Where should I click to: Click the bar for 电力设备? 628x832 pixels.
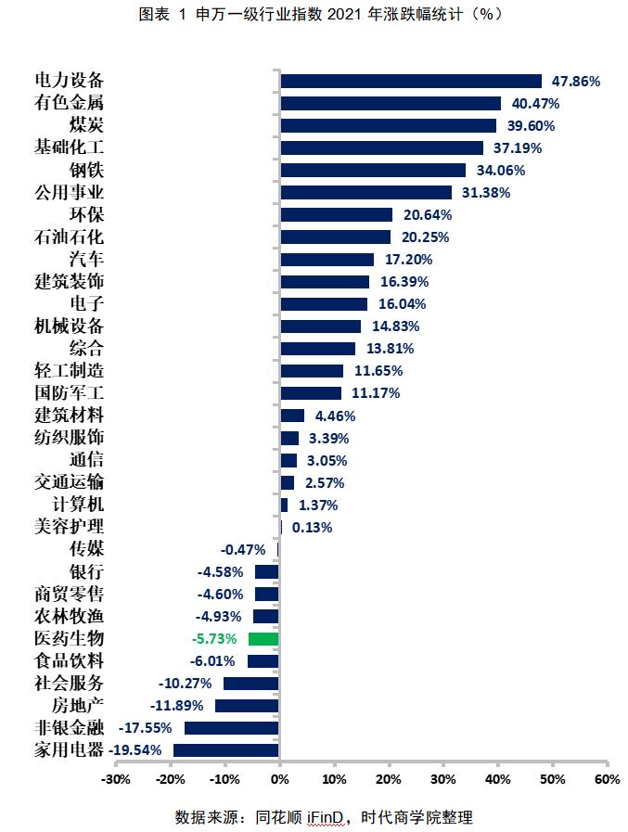(410, 81)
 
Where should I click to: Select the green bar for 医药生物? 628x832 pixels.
(263, 638)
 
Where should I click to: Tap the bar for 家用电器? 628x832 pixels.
(226, 749)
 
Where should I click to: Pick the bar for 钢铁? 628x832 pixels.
(372, 170)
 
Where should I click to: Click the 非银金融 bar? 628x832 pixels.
(232, 727)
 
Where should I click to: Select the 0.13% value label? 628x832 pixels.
(312, 527)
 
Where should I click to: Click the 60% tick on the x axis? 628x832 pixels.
(607, 778)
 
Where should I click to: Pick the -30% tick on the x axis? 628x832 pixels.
(115, 778)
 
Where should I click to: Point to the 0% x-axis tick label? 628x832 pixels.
(279, 778)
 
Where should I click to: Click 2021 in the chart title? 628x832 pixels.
(342, 16)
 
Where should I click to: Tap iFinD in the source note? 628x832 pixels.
(328, 817)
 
